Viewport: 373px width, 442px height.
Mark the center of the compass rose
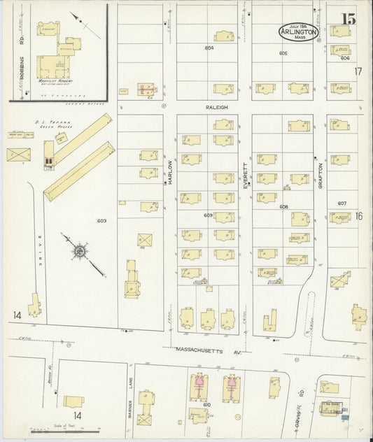(x=80, y=250)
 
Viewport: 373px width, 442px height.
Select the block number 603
(x=101, y=221)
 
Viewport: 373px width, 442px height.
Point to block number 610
(x=207, y=405)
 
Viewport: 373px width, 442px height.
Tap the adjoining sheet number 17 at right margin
(x=358, y=72)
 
